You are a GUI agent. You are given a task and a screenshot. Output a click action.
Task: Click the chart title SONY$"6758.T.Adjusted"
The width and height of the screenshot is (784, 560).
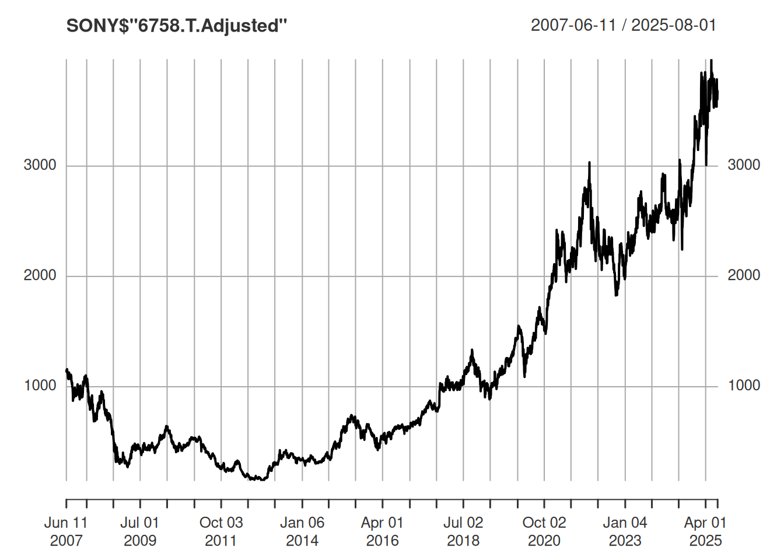click(x=177, y=26)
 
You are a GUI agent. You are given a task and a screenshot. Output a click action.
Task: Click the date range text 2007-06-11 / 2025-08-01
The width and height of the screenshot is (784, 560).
click(x=623, y=25)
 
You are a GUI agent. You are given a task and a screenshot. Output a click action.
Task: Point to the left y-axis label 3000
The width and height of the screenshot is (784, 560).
click(x=40, y=165)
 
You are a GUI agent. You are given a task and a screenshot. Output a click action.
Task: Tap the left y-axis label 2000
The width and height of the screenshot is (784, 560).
click(x=40, y=275)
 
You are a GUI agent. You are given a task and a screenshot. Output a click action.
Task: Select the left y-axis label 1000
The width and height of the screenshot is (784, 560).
click(x=40, y=386)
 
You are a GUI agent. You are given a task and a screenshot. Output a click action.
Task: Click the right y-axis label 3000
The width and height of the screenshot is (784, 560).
click(x=744, y=165)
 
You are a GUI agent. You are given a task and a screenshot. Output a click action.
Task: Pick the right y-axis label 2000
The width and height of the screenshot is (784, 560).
click(x=744, y=275)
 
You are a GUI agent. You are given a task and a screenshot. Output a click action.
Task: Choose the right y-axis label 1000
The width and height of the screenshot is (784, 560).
click(x=744, y=386)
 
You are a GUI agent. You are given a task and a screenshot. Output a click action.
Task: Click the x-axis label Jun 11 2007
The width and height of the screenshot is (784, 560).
click(x=66, y=531)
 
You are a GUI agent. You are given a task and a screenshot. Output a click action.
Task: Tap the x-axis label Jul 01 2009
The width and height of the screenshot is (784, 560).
click(x=140, y=531)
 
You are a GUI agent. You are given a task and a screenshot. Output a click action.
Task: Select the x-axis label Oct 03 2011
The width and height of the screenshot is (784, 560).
click(x=221, y=531)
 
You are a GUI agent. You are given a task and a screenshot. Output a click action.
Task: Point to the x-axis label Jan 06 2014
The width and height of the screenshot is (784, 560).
click(x=302, y=531)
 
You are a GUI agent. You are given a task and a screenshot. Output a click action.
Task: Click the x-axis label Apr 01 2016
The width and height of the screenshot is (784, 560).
click(x=383, y=531)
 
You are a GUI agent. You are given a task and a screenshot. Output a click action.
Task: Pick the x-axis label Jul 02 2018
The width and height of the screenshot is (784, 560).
click(x=463, y=531)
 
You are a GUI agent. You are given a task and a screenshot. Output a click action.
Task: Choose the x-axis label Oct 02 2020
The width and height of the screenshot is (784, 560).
click(x=544, y=531)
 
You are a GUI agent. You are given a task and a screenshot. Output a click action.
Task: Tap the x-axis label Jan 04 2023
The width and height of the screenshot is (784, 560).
click(x=625, y=531)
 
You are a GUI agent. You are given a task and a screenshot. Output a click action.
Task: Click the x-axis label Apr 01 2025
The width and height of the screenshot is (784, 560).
click(x=705, y=531)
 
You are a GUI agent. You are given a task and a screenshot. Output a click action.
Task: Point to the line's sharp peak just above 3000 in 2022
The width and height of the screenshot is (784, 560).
click(x=589, y=163)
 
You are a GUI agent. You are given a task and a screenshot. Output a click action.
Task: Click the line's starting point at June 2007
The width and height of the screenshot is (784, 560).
click(x=66, y=370)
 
